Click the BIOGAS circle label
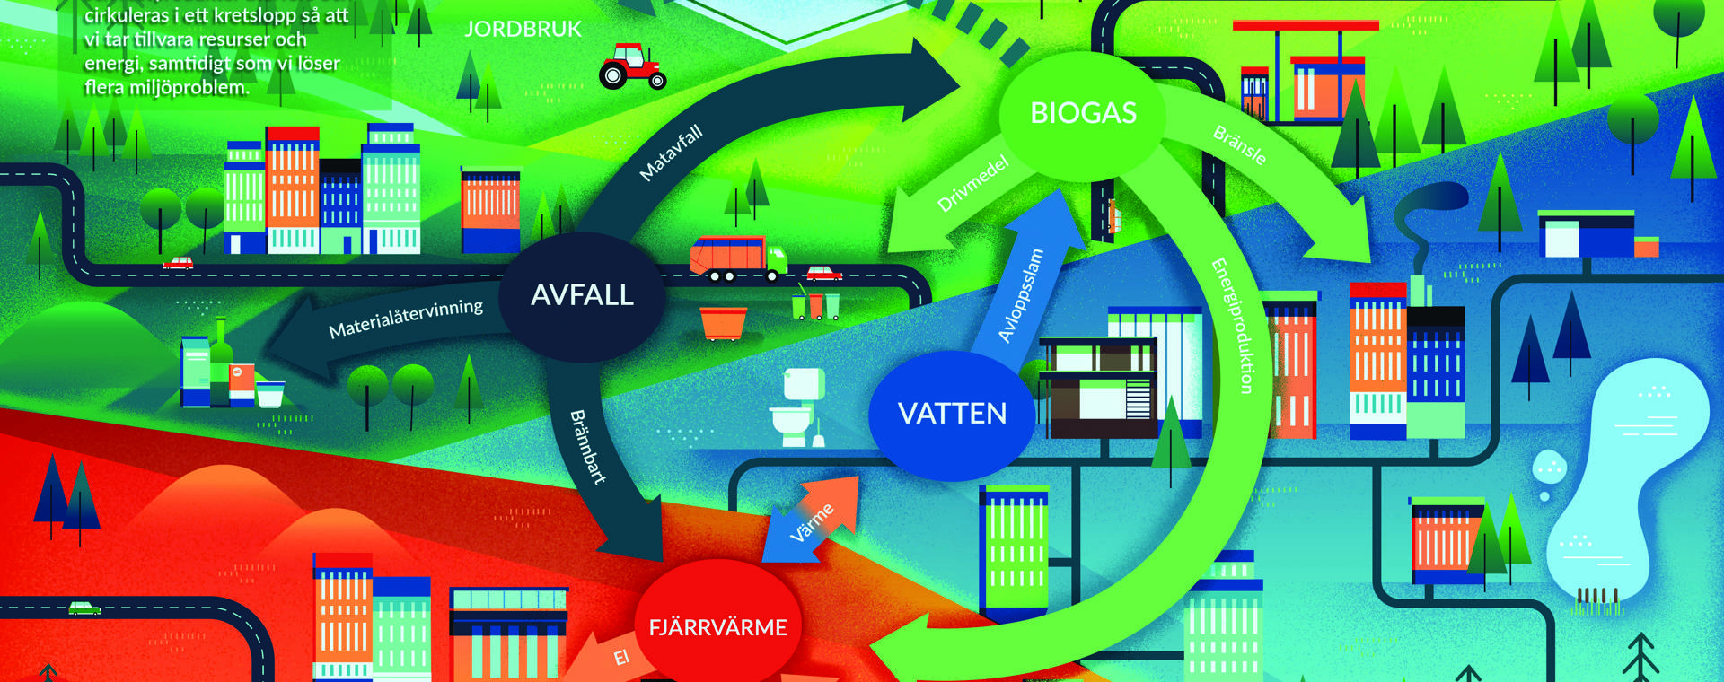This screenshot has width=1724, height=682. coord(1083,113)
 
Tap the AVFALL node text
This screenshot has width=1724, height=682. coord(582,295)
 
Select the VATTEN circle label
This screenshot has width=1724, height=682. coord(952,414)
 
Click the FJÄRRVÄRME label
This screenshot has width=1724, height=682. coord(717,627)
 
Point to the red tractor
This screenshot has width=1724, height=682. coord(632,66)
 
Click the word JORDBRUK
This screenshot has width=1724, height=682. coord(523,30)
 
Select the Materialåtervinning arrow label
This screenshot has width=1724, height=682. coord(405,319)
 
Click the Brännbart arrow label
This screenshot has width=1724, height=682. coord(588,447)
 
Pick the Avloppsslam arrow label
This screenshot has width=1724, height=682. coord(1021,295)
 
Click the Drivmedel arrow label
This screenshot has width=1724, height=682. coord(972,184)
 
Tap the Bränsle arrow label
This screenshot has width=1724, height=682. coord(1239,144)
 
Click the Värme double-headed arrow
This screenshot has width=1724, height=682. coord(811,521)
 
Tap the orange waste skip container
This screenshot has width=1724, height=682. coord(722,322)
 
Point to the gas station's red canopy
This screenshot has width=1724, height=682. coord(1305,26)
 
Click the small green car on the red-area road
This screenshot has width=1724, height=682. coord(85,608)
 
